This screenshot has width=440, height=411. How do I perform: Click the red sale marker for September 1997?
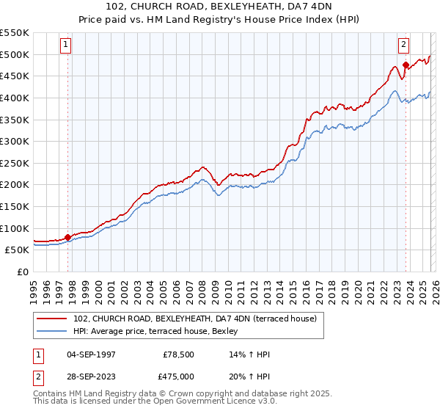[68, 237]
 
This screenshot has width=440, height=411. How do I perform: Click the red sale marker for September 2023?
[406, 65]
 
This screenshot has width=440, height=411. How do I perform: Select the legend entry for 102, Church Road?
[194, 319]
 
